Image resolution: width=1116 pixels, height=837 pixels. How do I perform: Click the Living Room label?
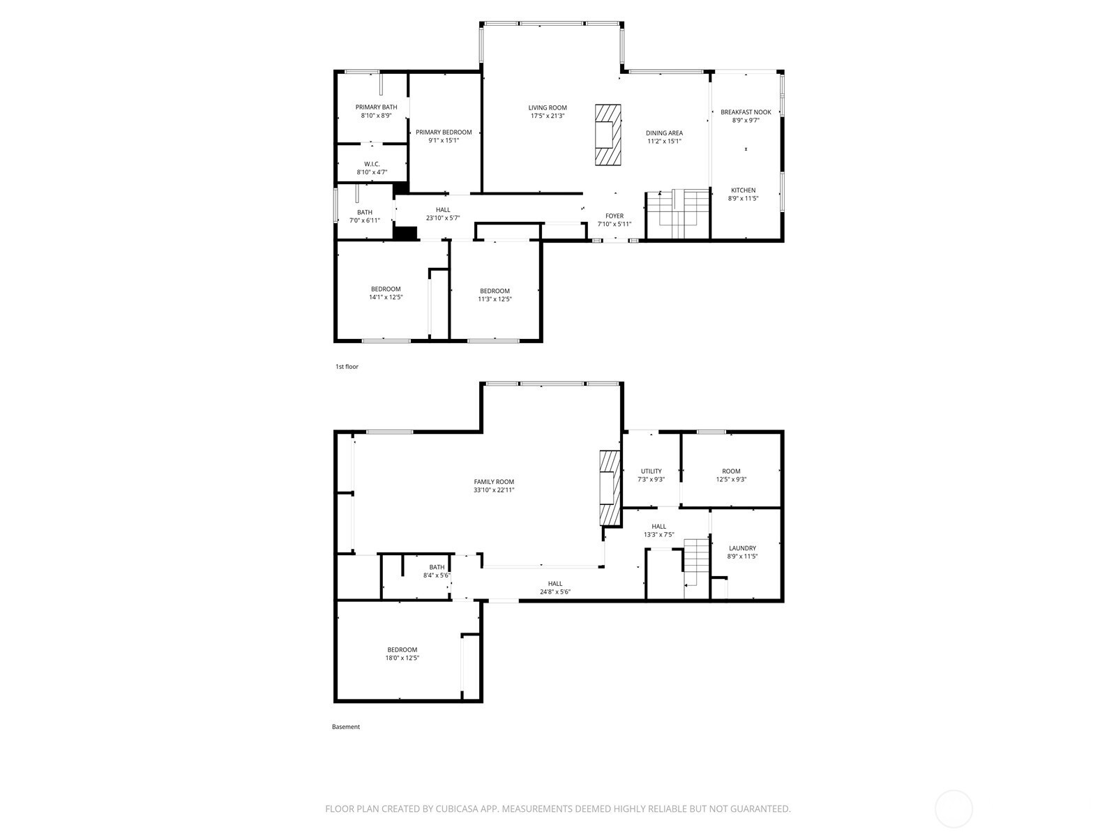pyautogui.click(x=547, y=107)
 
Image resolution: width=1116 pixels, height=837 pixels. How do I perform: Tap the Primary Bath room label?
pyautogui.click(x=376, y=107)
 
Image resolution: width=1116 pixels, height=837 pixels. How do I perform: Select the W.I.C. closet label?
pyautogui.click(x=372, y=164)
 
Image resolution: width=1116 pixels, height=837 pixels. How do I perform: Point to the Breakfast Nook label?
pyautogui.click(x=746, y=112)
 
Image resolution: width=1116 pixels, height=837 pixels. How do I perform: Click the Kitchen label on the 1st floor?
pyautogui.click(x=743, y=190)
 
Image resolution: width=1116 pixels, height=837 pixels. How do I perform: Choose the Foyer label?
pyautogui.click(x=614, y=216)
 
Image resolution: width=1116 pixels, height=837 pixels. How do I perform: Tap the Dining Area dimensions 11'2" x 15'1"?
pyautogui.click(x=664, y=142)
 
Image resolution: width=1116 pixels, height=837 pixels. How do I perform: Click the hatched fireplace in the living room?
pyautogui.click(x=608, y=135)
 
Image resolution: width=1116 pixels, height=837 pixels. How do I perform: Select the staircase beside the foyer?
pyautogui.click(x=678, y=214)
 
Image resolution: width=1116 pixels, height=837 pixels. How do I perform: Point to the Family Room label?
pyautogui.click(x=494, y=482)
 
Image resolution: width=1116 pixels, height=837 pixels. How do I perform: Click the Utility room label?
pyautogui.click(x=651, y=471)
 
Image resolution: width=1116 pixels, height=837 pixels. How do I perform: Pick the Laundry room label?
pyautogui.click(x=742, y=548)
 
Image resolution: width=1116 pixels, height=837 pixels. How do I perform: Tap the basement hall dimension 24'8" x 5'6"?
pyautogui.click(x=555, y=592)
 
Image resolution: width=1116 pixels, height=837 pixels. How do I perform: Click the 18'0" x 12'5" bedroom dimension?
pyautogui.click(x=402, y=658)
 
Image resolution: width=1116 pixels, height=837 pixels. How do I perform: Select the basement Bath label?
pyautogui.click(x=436, y=568)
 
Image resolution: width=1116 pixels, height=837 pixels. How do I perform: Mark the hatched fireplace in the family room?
pyautogui.click(x=610, y=488)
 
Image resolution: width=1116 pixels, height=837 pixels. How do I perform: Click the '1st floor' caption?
pyautogui.click(x=347, y=366)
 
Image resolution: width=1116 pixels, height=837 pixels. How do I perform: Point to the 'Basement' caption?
pyautogui.click(x=346, y=727)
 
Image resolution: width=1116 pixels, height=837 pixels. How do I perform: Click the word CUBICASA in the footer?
pyautogui.click(x=458, y=809)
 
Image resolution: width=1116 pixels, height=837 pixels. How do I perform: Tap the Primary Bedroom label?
pyautogui.click(x=444, y=133)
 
